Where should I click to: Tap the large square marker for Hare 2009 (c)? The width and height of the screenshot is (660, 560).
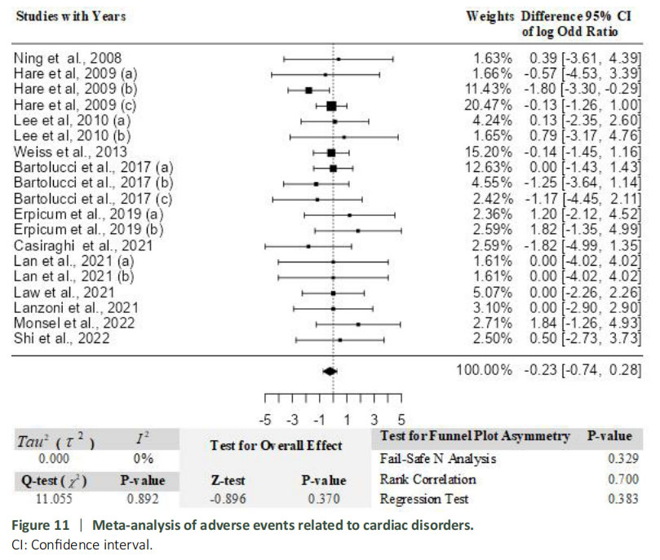click(x=331, y=106)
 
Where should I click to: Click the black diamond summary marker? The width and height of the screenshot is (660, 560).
click(x=330, y=371)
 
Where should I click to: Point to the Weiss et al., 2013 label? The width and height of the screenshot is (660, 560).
click(x=59, y=152)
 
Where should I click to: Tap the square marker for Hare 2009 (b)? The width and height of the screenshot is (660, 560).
click(x=308, y=90)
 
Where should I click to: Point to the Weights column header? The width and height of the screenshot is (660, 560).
click(x=490, y=15)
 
